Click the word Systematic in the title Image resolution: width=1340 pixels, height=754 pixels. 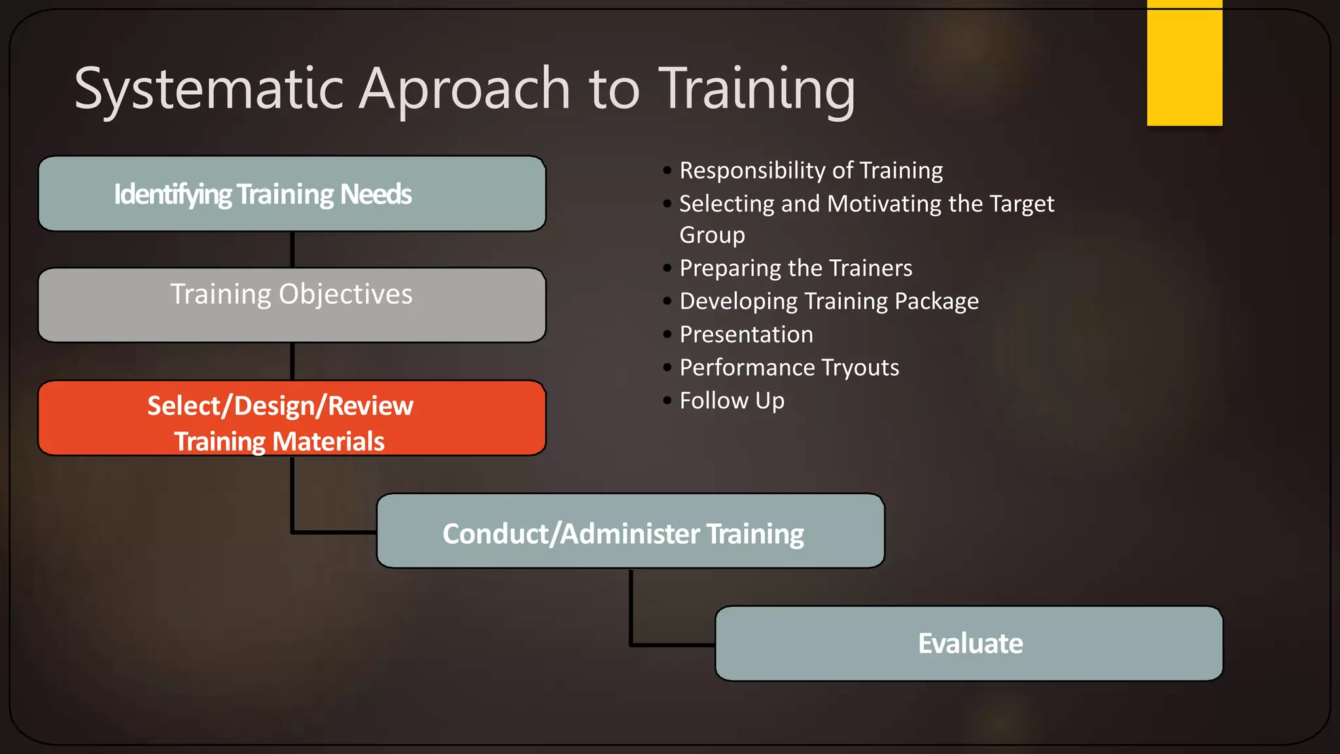[208, 90]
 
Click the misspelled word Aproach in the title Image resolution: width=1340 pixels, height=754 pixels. [465, 90]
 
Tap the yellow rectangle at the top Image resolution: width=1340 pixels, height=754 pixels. [1184, 63]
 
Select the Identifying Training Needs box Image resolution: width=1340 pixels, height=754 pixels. [292, 194]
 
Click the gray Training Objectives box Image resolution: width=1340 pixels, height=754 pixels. [292, 305]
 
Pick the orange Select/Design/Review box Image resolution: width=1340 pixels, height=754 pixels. [292, 418]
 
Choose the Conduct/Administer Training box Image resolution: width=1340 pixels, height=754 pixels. [630, 531]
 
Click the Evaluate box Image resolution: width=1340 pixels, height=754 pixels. [968, 643]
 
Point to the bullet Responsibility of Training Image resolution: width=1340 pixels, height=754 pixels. [811, 171]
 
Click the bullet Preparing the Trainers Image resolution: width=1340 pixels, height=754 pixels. [795, 268]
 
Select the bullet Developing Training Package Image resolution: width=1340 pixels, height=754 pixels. [828, 302]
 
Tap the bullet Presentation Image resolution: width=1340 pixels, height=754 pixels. [746, 335]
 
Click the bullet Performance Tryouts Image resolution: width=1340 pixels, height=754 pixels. [788, 368]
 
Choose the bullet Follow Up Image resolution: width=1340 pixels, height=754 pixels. [732, 401]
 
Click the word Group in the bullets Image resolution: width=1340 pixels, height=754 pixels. [712, 235]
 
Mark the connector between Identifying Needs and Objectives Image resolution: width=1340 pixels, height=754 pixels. [292, 249]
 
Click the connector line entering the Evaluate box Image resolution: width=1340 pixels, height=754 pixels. [674, 645]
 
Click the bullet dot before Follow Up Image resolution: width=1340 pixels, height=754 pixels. [667, 401]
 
